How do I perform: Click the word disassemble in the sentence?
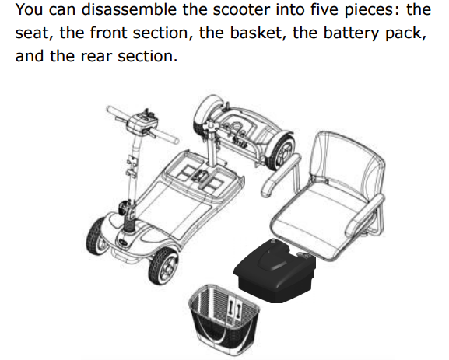click(x=129, y=9)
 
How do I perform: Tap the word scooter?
click(x=241, y=9)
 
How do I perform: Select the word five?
click(x=324, y=9)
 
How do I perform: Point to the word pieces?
click(x=372, y=10)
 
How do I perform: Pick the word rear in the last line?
click(x=96, y=56)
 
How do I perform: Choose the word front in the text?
click(x=109, y=33)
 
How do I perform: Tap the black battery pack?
click(x=275, y=270)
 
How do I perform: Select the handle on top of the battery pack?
click(x=273, y=258)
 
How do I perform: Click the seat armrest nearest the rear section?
click(x=282, y=176)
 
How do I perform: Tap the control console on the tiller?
click(x=142, y=122)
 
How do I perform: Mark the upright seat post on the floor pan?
click(x=212, y=143)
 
